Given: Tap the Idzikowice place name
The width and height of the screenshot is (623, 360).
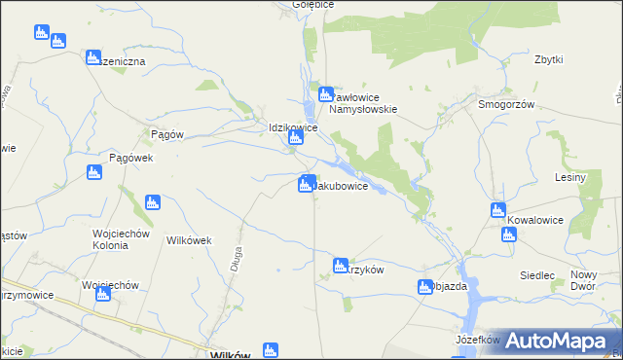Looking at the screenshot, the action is click(x=294, y=127).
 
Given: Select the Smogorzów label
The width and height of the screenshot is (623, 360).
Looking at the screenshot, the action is click(x=507, y=104).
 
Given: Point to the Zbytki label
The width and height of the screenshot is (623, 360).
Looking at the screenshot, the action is click(x=549, y=59).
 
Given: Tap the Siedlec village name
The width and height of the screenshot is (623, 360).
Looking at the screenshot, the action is click(x=537, y=275).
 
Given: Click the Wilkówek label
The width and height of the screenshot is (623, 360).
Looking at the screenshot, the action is click(x=190, y=239).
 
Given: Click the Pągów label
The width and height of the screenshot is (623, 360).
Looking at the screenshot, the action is click(x=167, y=134).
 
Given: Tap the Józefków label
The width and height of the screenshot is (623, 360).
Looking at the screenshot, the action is click(x=477, y=341).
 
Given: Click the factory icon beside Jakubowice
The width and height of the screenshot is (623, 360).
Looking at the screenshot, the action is click(x=307, y=183).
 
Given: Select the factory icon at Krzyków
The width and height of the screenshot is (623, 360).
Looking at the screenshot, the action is click(x=340, y=265).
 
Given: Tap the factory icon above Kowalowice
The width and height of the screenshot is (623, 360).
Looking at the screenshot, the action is click(x=498, y=210).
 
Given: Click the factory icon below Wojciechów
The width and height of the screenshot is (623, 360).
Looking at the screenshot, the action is click(x=102, y=293).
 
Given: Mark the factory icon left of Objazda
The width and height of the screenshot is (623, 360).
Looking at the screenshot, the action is click(x=425, y=287).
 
